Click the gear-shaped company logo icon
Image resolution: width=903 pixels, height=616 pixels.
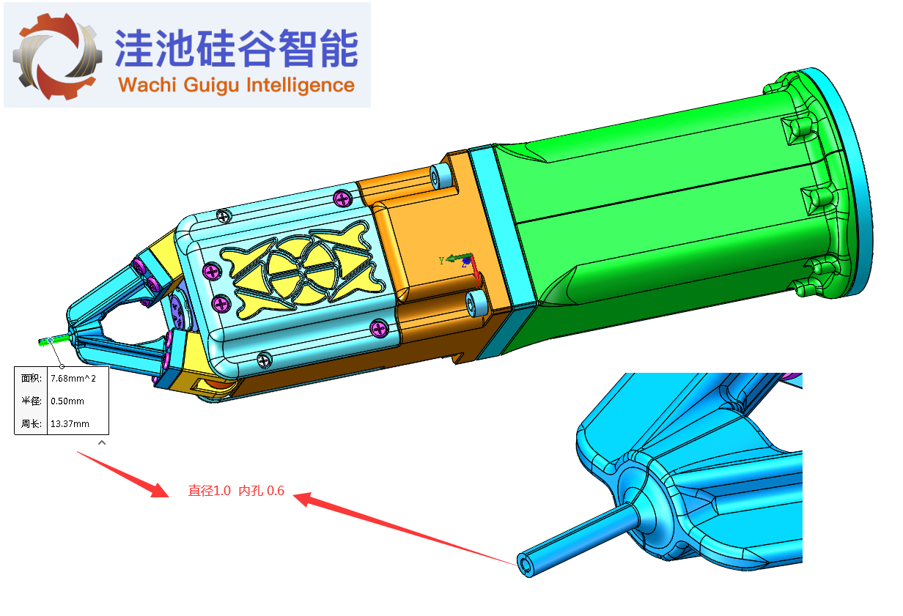click(57, 56)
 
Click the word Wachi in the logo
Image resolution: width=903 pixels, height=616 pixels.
click(147, 85)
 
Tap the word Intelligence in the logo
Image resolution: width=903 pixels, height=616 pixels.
click(301, 86)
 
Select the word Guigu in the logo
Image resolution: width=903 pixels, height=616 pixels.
click(211, 86)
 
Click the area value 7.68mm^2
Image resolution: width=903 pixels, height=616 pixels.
click(73, 378)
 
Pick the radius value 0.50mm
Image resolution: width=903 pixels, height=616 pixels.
click(67, 401)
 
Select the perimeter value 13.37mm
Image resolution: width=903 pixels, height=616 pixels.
click(70, 424)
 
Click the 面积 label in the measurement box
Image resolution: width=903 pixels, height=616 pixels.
click(31, 378)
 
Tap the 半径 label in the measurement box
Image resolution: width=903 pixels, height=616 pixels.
click(31, 401)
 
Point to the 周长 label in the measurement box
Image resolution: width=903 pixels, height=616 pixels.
click(31, 424)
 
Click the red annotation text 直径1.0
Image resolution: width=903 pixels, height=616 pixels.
click(209, 491)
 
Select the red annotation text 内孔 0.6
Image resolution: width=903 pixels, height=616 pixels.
click(261, 491)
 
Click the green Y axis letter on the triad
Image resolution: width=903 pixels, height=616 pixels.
click(441, 261)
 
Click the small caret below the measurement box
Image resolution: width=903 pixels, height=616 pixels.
click(102, 442)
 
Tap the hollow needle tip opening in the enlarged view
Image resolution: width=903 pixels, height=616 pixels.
click(524, 565)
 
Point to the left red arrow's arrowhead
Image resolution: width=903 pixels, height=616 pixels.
click(159, 491)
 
